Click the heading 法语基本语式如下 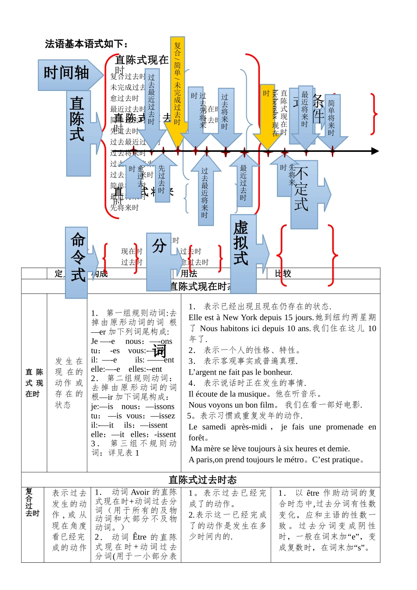(x=86, y=44)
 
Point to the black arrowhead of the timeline (x=375, y=151)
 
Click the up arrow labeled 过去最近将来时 (x=205, y=191)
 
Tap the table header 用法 (x=189, y=273)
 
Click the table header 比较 (x=283, y=273)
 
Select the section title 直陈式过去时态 (x=202, y=480)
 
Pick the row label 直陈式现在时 (x=34, y=383)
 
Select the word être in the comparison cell (x=313, y=493)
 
